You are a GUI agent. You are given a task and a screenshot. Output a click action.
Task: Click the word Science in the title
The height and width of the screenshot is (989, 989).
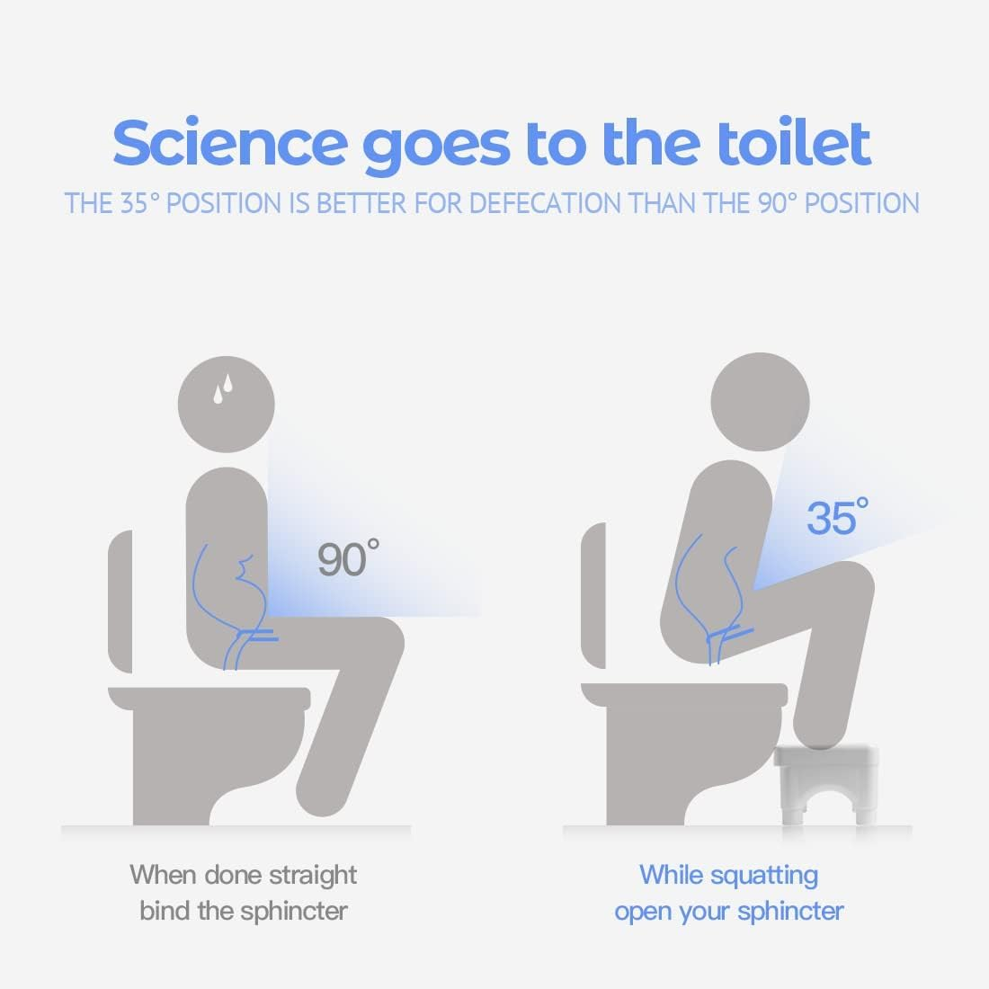pos(230,143)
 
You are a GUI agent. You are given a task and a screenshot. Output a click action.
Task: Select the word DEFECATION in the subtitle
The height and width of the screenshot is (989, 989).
pos(545,203)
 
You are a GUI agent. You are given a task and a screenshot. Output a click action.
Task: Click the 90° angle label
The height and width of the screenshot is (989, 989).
pos(348,558)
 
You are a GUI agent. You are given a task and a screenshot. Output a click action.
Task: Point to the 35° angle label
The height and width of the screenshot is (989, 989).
pos(838,517)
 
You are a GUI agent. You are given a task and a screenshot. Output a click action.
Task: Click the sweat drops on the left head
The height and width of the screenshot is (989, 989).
pos(223,388)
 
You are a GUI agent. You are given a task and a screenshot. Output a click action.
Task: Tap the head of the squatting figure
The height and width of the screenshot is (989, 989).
pos(760,402)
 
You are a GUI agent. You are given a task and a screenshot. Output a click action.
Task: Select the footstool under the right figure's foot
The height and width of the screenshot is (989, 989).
pos(826,785)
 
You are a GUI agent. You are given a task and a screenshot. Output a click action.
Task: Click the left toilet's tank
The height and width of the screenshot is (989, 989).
pos(120,601)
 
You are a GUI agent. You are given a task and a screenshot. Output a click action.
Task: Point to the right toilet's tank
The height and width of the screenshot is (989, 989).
pos(593,595)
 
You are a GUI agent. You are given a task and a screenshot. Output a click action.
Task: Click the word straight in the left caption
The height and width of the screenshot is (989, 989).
pos(313,876)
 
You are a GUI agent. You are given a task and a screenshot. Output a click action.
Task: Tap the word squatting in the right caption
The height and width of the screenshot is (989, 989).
pos(764,876)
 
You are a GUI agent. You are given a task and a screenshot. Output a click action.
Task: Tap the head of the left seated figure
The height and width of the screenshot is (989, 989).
pos(227,405)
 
